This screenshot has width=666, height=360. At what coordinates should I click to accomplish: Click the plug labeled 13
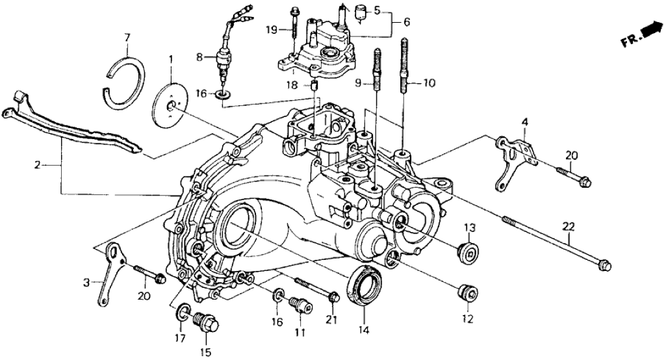(468, 253)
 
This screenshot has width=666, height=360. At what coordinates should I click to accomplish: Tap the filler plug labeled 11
(298, 304)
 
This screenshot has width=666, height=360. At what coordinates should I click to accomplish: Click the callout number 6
(407, 22)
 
